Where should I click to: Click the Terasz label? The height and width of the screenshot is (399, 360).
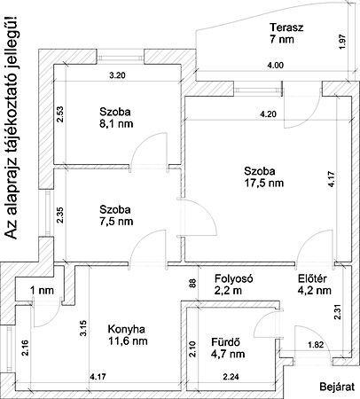pyautogui.click(x=286, y=27)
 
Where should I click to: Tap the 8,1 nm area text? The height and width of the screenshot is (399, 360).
pyautogui.click(x=116, y=123)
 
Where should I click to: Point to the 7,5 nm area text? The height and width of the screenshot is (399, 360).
pyautogui.click(x=116, y=221)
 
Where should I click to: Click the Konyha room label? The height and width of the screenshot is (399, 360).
pyautogui.click(x=127, y=329)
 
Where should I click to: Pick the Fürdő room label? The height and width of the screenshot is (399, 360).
pyautogui.click(x=225, y=342)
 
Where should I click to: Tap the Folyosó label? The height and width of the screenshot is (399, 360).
pyautogui.click(x=233, y=278)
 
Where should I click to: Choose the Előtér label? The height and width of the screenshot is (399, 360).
pyautogui.click(x=312, y=278)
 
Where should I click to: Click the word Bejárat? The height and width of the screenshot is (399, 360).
pyautogui.click(x=337, y=387)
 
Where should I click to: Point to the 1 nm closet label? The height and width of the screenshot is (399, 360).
pyautogui.click(x=42, y=291)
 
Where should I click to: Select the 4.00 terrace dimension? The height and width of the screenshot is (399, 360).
pyautogui.click(x=276, y=66)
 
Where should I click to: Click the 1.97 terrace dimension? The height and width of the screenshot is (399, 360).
pyautogui.click(x=342, y=43)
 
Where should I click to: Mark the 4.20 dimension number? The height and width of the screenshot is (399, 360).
pyautogui.click(x=269, y=113)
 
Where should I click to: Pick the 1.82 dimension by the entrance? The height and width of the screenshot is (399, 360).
pyautogui.click(x=316, y=345)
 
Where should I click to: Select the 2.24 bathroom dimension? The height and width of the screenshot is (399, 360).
pyautogui.click(x=231, y=377)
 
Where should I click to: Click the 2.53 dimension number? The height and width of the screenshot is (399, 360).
pyautogui.click(x=60, y=114)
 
